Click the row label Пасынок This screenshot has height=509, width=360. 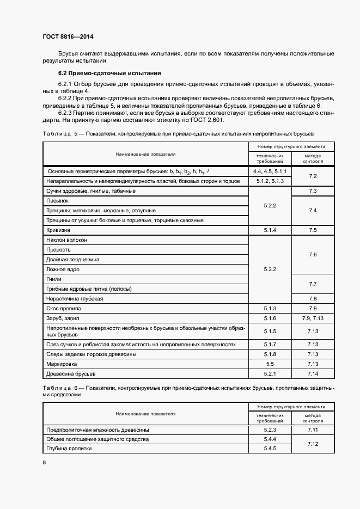(x=57, y=201)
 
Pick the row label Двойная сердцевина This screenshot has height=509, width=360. (x=73, y=259)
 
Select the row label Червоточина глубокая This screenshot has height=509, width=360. (x=75, y=298)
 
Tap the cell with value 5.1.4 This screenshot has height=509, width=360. (x=270, y=230)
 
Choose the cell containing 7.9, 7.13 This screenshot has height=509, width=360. (x=313, y=318)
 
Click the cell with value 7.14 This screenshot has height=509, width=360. (x=313, y=373)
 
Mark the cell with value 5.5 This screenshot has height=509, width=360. (x=270, y=364)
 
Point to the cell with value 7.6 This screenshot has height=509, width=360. (x=313, y=254)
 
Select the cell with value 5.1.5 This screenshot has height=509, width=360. (x=270, y=331)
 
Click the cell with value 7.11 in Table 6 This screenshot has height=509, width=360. (x=313, y=430)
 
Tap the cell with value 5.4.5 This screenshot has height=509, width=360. (x=270, y=449)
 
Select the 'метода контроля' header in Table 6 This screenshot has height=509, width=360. (x=313, y=418)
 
